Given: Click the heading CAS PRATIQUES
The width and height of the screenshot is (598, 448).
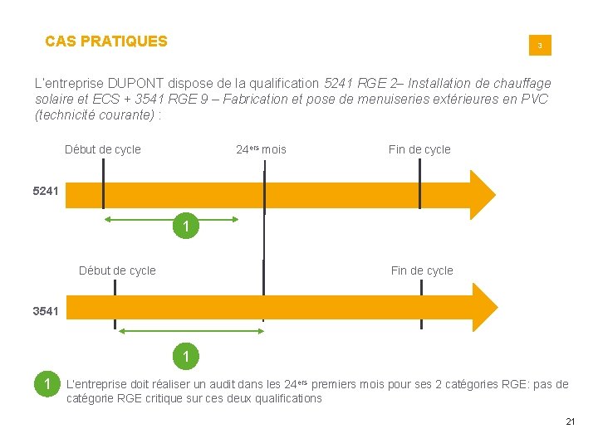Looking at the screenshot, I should [105, 41].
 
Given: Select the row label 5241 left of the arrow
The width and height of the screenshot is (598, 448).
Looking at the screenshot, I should [47, 192].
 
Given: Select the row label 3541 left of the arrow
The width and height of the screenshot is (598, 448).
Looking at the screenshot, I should [47, 311].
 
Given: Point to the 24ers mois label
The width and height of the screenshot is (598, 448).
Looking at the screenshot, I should [261, 150].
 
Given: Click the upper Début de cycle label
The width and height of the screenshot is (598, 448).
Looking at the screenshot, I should [103, 150].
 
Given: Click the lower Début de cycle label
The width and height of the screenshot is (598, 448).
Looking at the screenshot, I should [117, 270].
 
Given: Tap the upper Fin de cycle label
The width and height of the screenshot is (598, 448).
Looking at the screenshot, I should [419, 150].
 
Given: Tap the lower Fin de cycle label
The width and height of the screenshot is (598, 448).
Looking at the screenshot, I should [422, 270].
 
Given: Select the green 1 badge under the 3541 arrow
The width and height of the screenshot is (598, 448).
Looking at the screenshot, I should [187, 357].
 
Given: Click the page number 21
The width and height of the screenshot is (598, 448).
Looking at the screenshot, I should [570, 422].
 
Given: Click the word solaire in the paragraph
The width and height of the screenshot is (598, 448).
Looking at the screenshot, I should [54, 100].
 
